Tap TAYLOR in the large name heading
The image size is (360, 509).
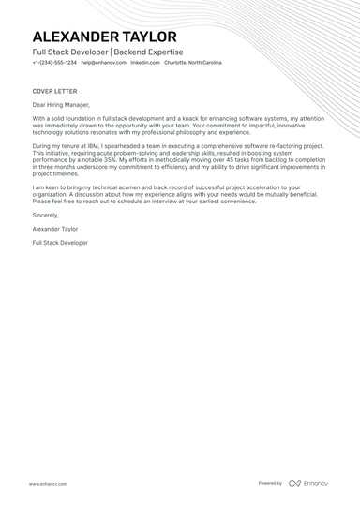(150, 37)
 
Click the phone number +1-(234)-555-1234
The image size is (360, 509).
(54, 63)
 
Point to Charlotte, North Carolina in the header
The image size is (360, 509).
(193, 63)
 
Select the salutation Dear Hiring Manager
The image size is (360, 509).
(61, 105)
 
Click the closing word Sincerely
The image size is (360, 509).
(46, 215)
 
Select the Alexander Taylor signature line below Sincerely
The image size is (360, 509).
(55, 228)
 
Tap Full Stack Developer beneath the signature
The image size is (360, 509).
(60, 242)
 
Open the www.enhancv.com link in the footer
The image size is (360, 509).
(47, 484)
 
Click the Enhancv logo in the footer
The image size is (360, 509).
(308, 484)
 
